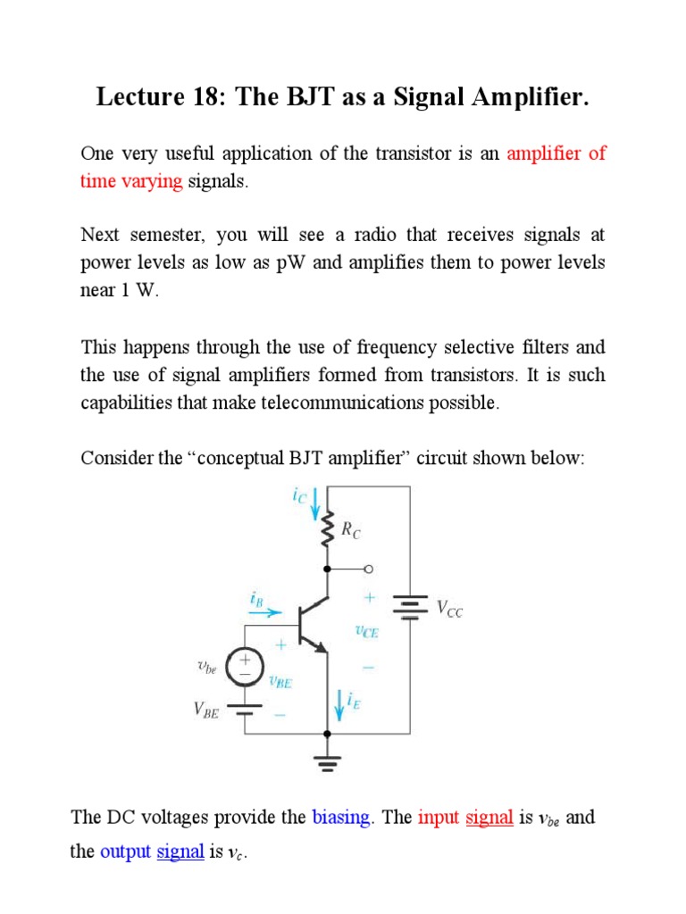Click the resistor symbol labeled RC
pos(327,529)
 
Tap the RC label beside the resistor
pos(351,529)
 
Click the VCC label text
pos(448,611)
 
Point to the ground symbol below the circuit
pos(327,762)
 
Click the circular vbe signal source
pos(244,666)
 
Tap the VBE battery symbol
pos(244,709)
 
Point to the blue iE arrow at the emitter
pos(339,706)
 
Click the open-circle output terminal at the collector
pos(367,569)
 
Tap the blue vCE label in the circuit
pos(365,631)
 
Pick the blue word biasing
pos(341,818)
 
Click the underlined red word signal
pos(489,818)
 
